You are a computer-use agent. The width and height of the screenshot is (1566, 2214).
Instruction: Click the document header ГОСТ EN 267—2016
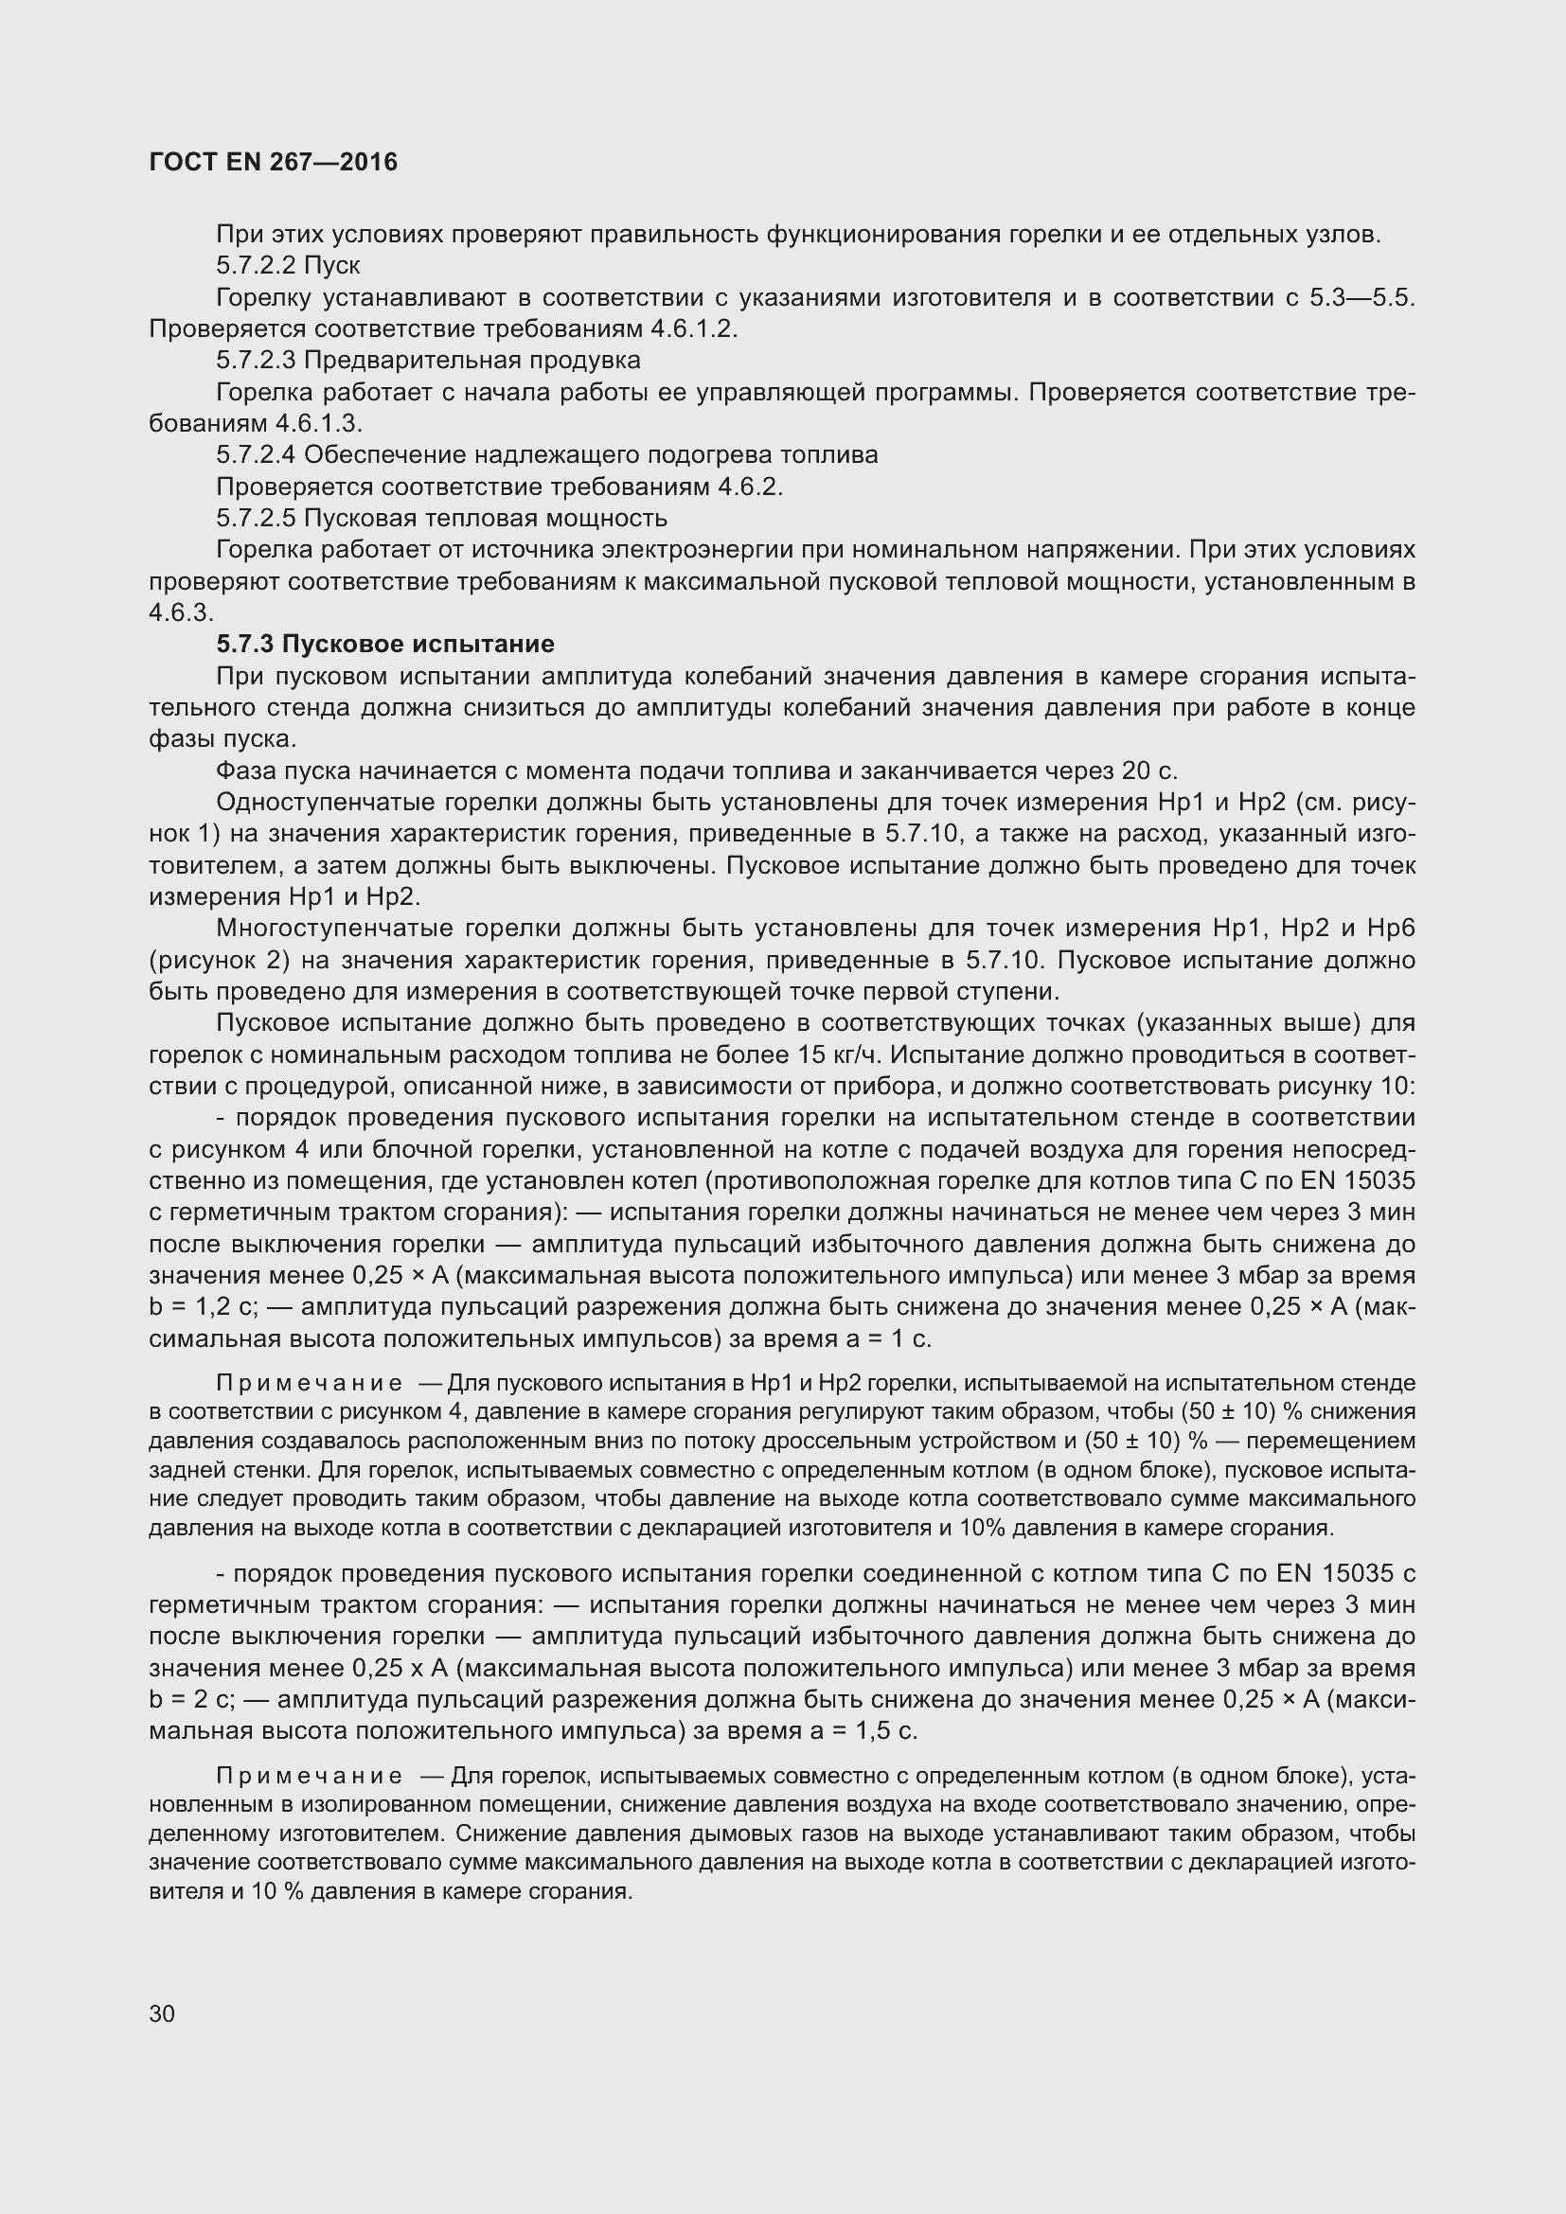point(273,162)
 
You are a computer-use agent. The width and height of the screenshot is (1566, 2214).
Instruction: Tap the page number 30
point(162,2013)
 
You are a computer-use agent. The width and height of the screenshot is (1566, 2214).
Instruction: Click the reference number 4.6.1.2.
point(693,328)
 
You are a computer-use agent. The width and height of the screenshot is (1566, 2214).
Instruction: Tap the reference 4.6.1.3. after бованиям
point(319,423)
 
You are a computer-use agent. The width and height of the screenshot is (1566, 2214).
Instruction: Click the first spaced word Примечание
point(310,1384)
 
